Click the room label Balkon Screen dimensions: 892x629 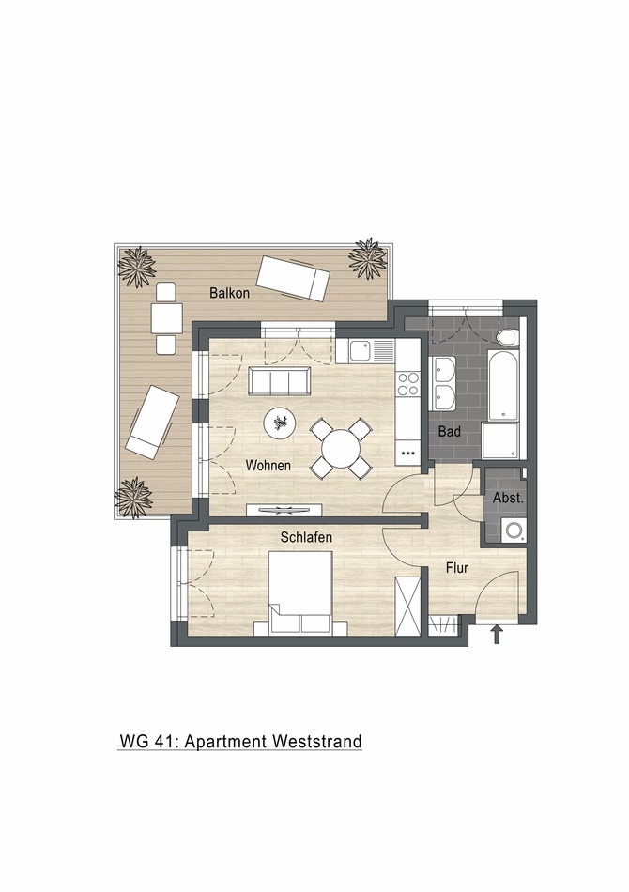coord(229,293)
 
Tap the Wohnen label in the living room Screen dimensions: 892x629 coord(268,466)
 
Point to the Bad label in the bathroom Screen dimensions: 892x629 coord(450,433)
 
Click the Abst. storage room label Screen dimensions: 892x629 coord(508,498)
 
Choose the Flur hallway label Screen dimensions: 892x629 coord(457,568)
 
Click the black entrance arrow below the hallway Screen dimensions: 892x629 coord(497,635)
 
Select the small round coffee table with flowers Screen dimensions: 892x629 coord(280,424)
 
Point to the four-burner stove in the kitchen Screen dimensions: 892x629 coord(407,383)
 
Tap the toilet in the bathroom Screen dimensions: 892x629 coord(508,337)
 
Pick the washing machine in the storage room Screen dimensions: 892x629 coord(514,531)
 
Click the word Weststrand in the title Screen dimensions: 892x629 coord(316,742)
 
